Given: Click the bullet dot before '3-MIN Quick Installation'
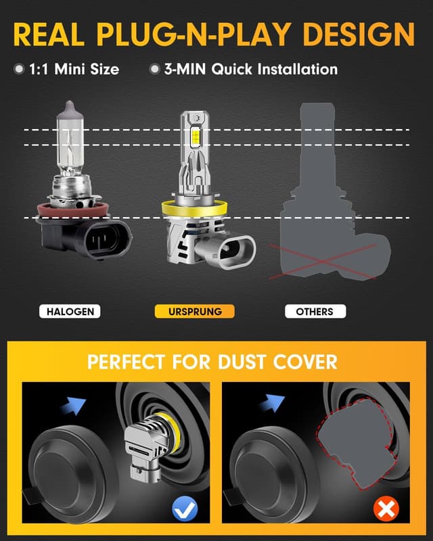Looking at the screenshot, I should tap(155, 69).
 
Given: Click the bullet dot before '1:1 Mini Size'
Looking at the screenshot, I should tap(18, 69).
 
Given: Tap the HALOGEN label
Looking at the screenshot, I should tap(70, 312).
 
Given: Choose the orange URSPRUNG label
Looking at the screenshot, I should tap(194, 312).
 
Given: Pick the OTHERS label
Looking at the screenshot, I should tap(315, 312).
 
